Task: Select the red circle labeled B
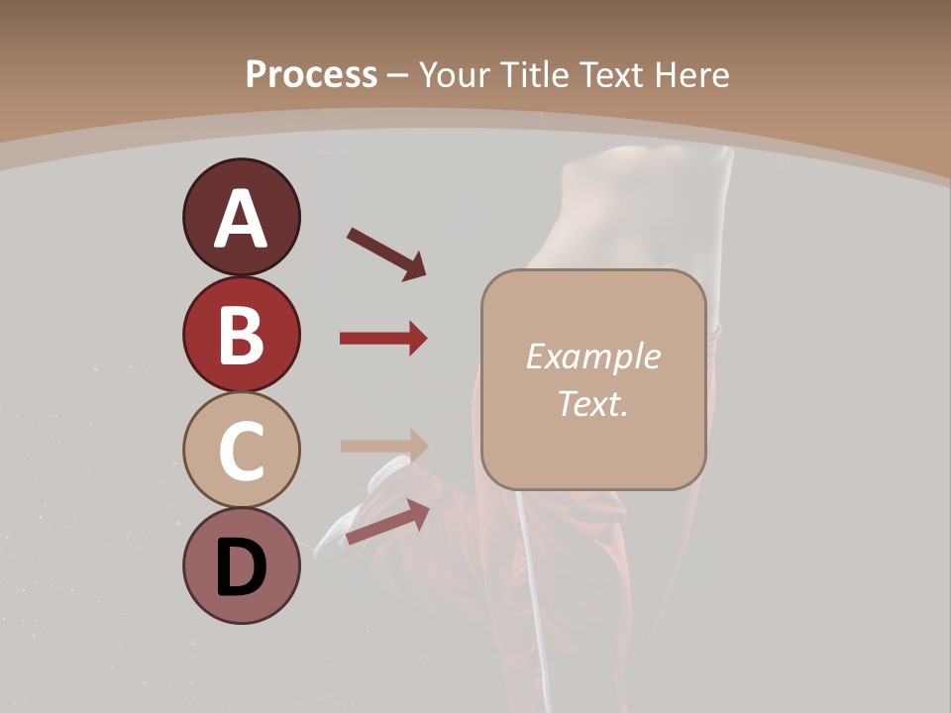(x=241, y=335)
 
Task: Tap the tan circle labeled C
(x=241, y=451)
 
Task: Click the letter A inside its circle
(x=241, y=220)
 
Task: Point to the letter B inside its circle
(x=241, y=337)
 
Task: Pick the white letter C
(x=241, y=452)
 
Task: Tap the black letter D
(x=241, y=567)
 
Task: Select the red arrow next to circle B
(x=382, y=339)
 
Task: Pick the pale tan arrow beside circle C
(x=382, y=446)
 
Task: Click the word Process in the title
(x=311, y=75)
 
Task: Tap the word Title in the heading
(x=533, y=75)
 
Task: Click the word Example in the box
(x=592, y=357)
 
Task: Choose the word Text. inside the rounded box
(x=592, y=403)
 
